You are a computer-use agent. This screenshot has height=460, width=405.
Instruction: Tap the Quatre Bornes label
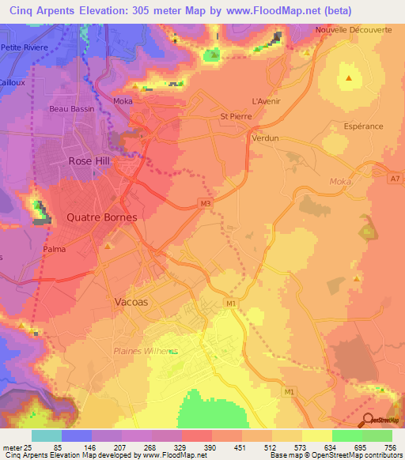click(x=101, y=217)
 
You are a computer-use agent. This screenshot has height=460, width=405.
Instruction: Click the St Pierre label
click(x=235, y=116)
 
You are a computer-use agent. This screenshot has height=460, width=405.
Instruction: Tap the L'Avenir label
click(x=265, y=101)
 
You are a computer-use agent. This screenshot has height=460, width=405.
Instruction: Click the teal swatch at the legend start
click(x=46, y=435)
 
